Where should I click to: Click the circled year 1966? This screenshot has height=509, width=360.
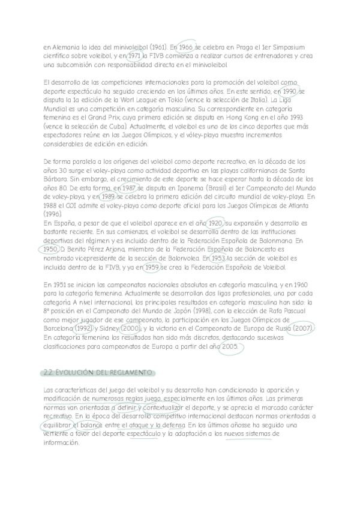point(186,46)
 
